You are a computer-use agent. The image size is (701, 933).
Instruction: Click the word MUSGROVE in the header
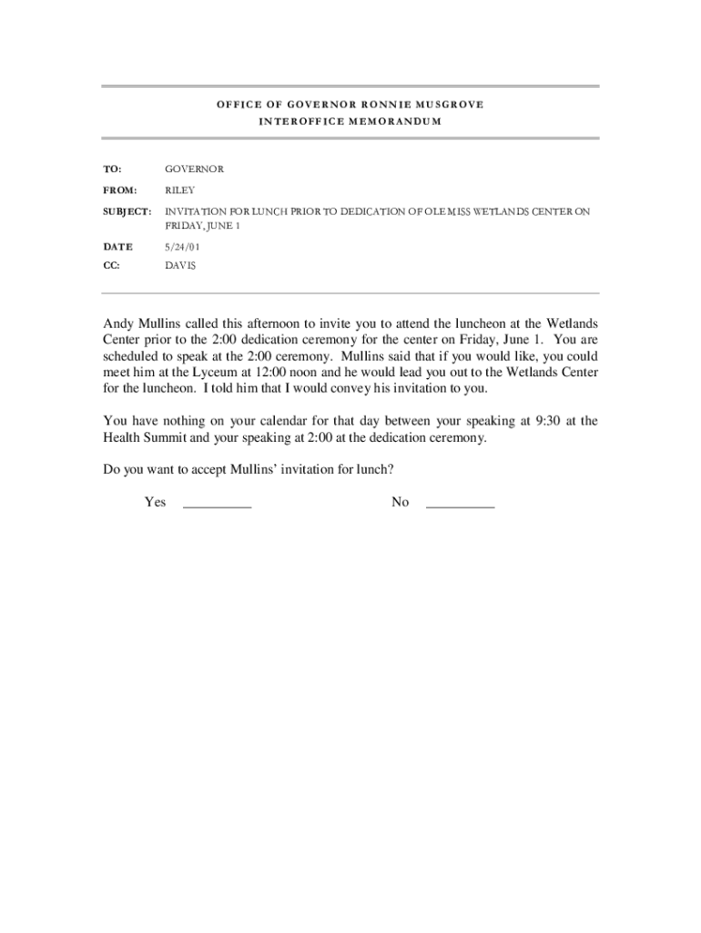click(447, 104)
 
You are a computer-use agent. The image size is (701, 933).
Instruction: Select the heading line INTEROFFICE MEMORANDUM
click(350, 121)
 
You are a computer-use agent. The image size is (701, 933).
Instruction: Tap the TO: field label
click(113, 169)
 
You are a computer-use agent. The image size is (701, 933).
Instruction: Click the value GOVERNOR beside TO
click(194, 169)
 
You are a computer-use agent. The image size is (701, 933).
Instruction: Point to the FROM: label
click(119, 190)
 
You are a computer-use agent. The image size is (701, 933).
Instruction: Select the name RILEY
click(179, 190)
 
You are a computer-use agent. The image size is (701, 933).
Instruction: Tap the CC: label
click(112, 266)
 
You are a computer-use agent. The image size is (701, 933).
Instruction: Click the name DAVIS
click(180, 266)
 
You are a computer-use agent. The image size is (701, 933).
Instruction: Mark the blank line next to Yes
click(217, 504)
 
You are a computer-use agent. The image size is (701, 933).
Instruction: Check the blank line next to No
click(460, 504)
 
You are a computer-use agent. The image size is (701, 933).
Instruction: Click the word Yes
click(155, 502)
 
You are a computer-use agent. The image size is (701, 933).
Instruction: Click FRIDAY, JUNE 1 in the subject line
click(201, 226)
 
